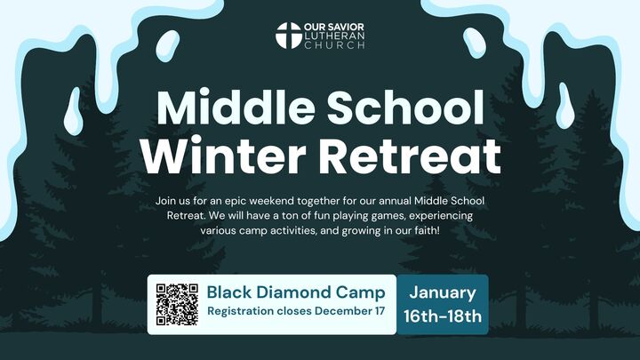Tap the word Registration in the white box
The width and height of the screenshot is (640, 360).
click(x=244, y=312)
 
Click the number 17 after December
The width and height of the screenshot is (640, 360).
click(x=380, y=312)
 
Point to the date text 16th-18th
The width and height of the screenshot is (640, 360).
click(x=442, y=316)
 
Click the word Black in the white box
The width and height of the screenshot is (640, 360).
click(x=228, y=292)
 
